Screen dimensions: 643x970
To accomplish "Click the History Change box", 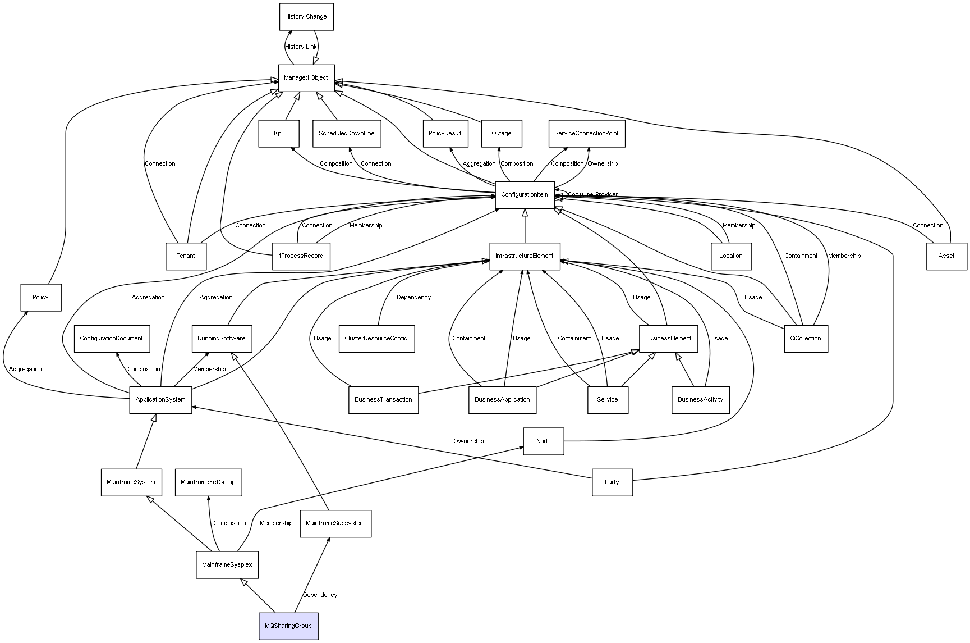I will coord(306,17).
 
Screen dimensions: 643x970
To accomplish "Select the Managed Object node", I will coord(306,77).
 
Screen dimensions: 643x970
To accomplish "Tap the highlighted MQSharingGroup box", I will coord(288,626).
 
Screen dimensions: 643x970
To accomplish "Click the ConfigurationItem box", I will coord(525,195).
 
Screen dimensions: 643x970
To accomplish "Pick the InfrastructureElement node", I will coord(525,256).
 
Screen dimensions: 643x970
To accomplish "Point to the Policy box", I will coord(40,297).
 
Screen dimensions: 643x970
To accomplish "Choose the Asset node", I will coord(946,256).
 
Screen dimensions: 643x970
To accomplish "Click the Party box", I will coord(612,482).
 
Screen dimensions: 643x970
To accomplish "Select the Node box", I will coord(544,441).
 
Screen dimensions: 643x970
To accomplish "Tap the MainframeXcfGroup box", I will coord(208,482).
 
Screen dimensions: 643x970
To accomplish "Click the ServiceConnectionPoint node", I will coord(586,134).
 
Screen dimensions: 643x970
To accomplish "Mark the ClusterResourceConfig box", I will coord(376,339).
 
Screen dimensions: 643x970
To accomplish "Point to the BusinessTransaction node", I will coord(383,400).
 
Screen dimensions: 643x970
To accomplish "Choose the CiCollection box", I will coord(806,339).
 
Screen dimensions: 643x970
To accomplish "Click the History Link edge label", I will coord(301,47).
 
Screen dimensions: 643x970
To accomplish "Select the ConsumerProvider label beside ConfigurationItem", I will coord(592,195).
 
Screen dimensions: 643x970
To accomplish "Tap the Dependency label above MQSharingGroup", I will coord(320,595).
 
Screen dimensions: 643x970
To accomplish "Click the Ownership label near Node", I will coord(468,441).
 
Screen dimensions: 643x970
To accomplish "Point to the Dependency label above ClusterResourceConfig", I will coord(413,298).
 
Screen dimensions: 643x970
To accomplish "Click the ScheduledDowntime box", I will coord(347,134).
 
